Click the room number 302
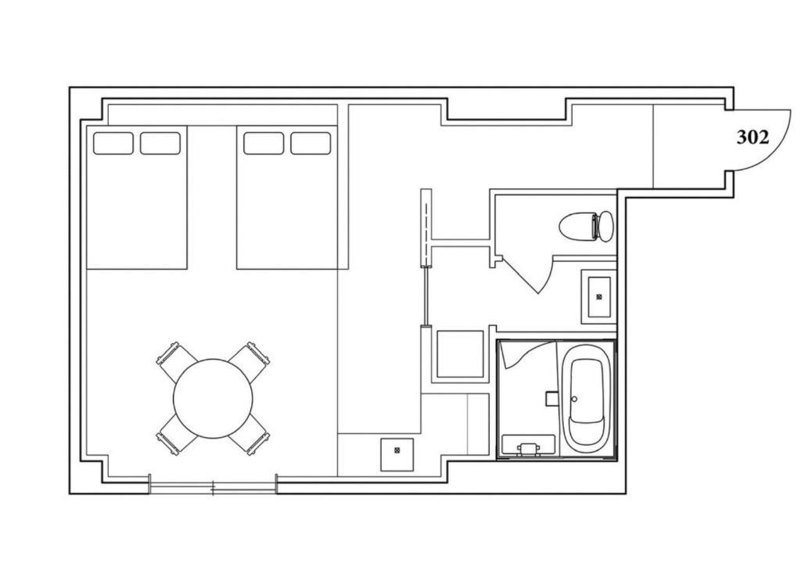(753, 138)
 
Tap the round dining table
(213, 398)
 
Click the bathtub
(587, 399)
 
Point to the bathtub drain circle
(574, 399)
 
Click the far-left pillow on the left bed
(113, 143)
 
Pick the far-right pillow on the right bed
(311, 143)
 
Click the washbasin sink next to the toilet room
(599, 296)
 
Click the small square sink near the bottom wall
(397, 454)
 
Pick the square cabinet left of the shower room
(460, 354)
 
